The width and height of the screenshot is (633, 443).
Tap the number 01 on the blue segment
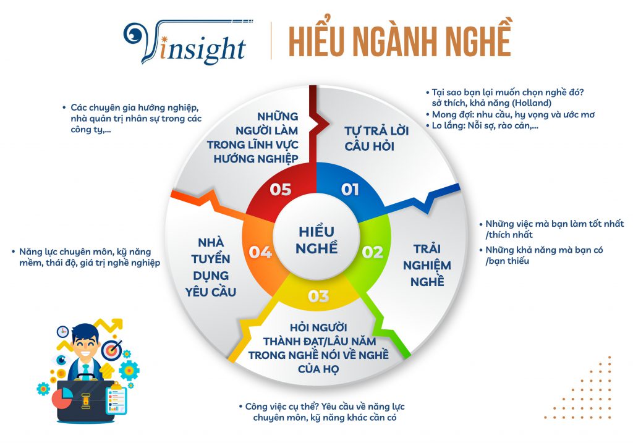(350, 189)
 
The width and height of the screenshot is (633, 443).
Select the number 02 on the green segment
(372, 253)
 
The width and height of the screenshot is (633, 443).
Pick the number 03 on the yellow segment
(318, 297)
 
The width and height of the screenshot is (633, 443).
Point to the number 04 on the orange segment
(260, 253)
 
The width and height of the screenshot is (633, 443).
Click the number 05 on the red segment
(281, 189)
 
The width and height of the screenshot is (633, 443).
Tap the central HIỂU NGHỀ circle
(316, 240)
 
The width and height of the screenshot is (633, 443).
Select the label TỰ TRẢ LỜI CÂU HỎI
(376, 138)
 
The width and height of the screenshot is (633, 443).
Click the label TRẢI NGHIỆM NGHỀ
(427, 265)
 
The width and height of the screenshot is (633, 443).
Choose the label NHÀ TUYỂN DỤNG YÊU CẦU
(210, 267)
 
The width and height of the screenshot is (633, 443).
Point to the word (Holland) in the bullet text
(531, 103)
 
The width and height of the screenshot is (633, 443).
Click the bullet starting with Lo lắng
(482, 125)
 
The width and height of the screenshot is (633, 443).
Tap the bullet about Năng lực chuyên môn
(86, 258)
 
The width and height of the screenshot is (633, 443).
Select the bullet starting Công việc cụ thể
(321, 412)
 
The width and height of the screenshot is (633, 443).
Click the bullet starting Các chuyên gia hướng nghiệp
(132, 118)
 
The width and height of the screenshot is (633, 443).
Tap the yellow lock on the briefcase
(85, 401)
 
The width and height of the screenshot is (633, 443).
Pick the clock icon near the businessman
(62, 332)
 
